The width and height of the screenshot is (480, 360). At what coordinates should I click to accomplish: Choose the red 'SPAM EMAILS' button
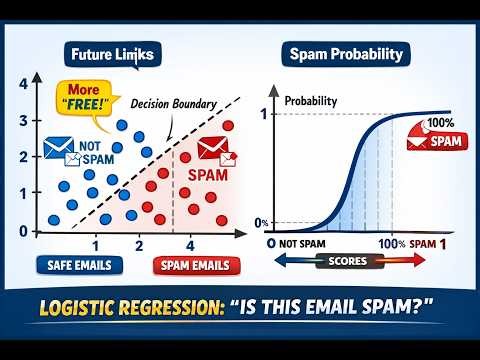pyautogui.click(x=197, y=265)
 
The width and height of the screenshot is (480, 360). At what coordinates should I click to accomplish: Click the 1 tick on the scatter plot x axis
pyautogui.click(x=95, y=246)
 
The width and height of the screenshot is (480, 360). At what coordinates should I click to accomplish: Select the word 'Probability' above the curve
pyautogui.click(x=310, y=102)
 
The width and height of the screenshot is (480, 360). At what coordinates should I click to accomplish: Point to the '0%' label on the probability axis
pyautogui.click(x=260, y=222)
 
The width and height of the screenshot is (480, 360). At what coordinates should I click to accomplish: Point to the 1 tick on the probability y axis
pyautogui.click(x=263, y=115)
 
